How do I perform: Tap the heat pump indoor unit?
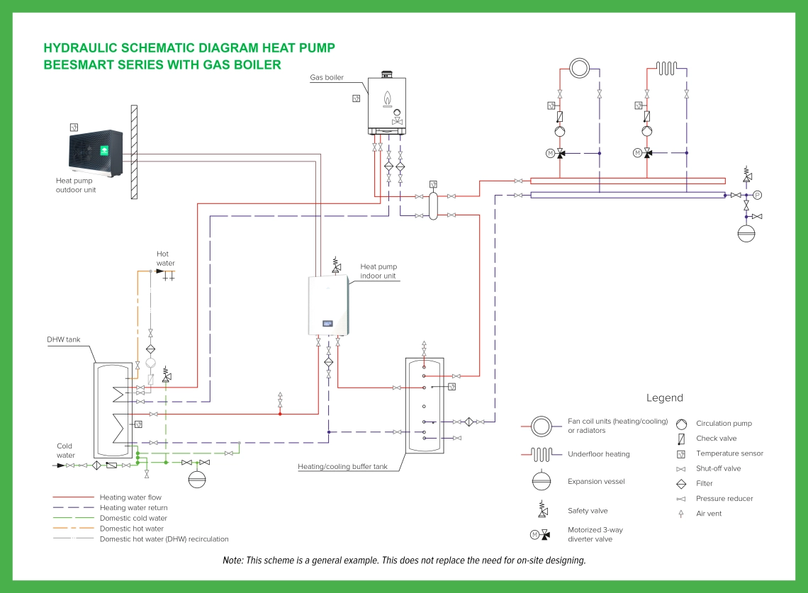(330, 305)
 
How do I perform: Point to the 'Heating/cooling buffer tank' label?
(342, 467)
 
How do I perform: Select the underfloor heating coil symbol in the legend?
(543, 454)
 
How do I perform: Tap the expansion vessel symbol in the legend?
(542, 481)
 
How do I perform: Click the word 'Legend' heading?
(664, 398)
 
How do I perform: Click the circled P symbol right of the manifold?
(757, 195)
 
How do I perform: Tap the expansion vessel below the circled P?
(746, 233)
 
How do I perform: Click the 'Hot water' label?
(165, 259)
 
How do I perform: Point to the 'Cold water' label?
(65, 451)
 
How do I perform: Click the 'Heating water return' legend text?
(133, 508)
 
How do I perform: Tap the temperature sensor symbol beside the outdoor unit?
(74, 128)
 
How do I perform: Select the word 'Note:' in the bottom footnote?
(232, 560)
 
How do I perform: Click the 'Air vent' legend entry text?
(709, 514)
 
